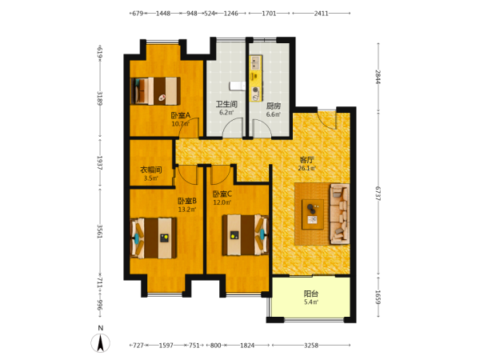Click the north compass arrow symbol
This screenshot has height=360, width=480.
[100, 343]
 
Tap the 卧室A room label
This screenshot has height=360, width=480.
[181, 115]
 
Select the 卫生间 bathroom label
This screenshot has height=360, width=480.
[226, 104]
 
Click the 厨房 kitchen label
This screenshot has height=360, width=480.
[274, 106]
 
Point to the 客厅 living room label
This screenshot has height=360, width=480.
[306, 160]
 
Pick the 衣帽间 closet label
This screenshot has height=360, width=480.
[151, 170]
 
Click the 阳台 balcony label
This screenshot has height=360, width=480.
[310, 294]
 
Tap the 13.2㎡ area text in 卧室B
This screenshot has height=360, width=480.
[187, 210]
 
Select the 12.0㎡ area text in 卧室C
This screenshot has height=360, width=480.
[222, 202]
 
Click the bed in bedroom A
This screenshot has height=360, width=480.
[155, 91]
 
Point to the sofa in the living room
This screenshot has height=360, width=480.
[339, 214]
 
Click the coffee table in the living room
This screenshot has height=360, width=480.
[313, 214]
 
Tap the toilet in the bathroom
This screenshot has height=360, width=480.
[238, 86]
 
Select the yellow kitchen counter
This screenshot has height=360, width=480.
[256, 78]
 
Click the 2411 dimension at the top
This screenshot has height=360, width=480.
[321, 14]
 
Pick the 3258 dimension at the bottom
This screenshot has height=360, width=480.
[311, 346]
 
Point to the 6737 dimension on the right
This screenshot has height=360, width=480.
[378, 194]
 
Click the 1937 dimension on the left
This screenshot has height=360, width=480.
[99, 163]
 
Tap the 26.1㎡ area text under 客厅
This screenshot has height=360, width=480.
[306, 168]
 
